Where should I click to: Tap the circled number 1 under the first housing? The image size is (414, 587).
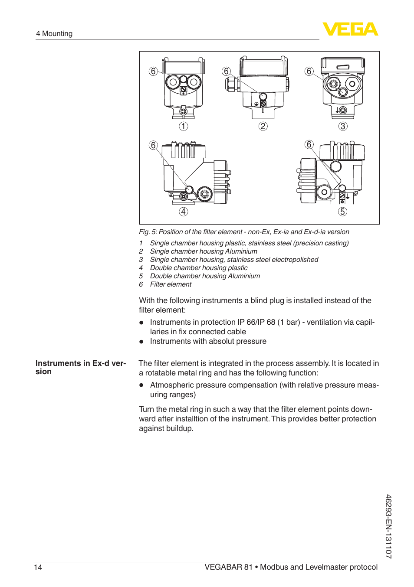pos(184,126)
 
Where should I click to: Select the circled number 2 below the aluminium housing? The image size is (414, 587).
pos(263,126)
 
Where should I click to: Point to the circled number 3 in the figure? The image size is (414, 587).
pos(343,126)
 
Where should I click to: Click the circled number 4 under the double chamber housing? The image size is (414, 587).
pos(184,212)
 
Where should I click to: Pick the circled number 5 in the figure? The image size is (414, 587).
pos(342,212)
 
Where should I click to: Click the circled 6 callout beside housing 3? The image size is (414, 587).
pos(309,71)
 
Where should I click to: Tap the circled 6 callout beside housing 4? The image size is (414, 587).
pos(153,145)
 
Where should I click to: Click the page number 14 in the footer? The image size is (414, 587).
pos(38,567)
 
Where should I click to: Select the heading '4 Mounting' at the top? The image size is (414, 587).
pos(54,33)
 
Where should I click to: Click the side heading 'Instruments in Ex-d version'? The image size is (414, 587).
pos(81,367)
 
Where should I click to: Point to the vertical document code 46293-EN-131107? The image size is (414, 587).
pos(388,530)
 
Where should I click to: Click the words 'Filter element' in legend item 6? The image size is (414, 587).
pos(171,284)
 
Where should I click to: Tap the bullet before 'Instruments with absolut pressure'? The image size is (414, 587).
pos(141,342)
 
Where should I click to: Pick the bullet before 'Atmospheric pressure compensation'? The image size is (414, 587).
pos(141,385)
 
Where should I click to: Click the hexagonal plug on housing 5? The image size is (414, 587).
pos(336,166)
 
